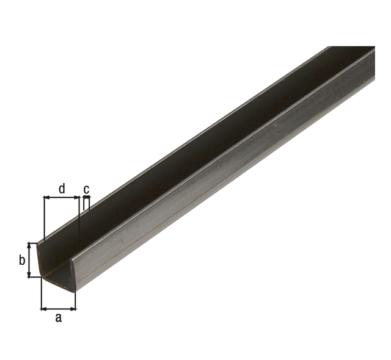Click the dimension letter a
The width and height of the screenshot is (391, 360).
point(58,318)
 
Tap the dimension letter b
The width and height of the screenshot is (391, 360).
point(22,261)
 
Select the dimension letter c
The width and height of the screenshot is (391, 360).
point(86,190)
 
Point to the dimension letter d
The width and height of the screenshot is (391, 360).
point(62,189)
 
